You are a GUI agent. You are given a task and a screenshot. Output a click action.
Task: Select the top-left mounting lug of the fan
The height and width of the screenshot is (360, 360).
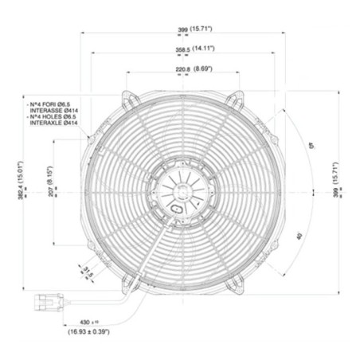click(128, 99)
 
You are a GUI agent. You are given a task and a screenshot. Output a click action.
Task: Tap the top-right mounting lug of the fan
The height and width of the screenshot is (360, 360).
click(233, 99)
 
